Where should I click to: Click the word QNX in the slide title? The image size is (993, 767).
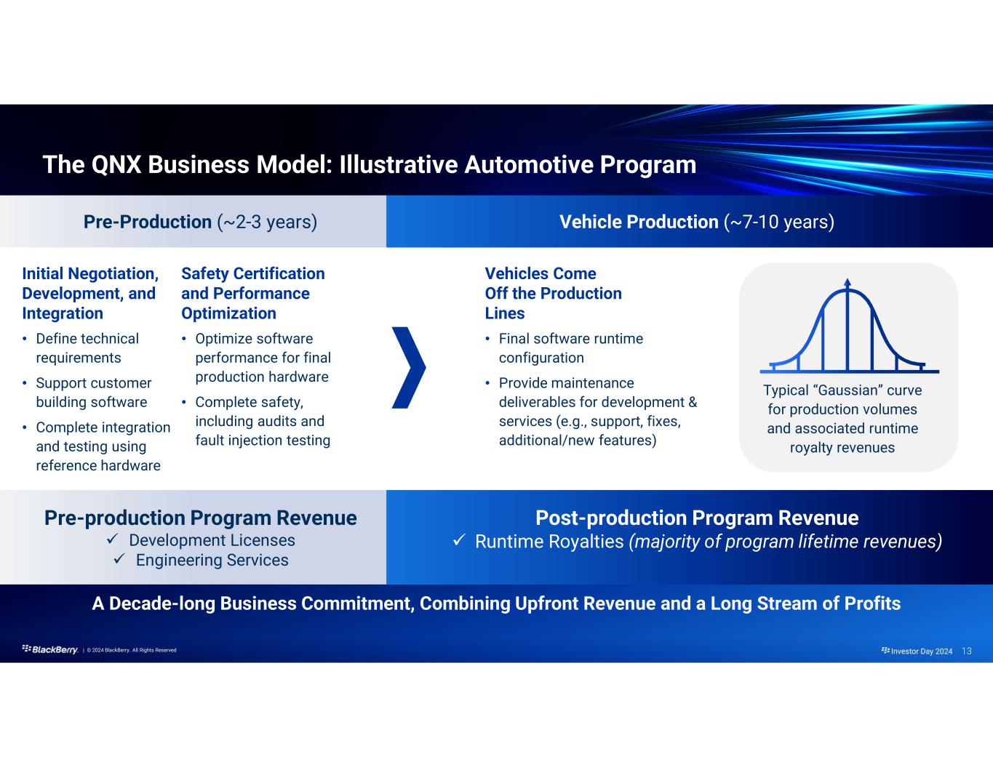click(116, 164)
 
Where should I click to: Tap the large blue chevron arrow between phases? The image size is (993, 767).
click(409, 368)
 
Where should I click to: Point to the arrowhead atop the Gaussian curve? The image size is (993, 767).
click(848, 282)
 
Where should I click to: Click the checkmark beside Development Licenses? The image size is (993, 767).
click(113, 539)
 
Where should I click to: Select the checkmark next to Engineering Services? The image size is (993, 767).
click(119, 559)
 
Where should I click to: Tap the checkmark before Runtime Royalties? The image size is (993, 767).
click(459, 541)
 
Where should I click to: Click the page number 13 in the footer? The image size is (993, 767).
click(967, 651)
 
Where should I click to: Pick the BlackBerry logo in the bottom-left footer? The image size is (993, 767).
click(50, 650)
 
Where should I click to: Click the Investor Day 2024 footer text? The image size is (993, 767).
click(921, 651)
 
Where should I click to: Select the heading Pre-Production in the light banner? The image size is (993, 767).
click(148, 222)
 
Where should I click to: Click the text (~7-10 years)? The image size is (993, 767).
click(779, 222)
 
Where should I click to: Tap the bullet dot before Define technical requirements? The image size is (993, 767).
click(25, 339)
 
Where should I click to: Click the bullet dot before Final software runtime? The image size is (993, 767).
click(487, 339)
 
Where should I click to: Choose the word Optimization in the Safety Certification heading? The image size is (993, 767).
click(229, 313)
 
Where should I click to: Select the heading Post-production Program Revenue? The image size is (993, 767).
click(697, 518)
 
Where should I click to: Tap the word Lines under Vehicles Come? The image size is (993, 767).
click(505, 313)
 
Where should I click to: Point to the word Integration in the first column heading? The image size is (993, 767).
click(63, 313)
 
